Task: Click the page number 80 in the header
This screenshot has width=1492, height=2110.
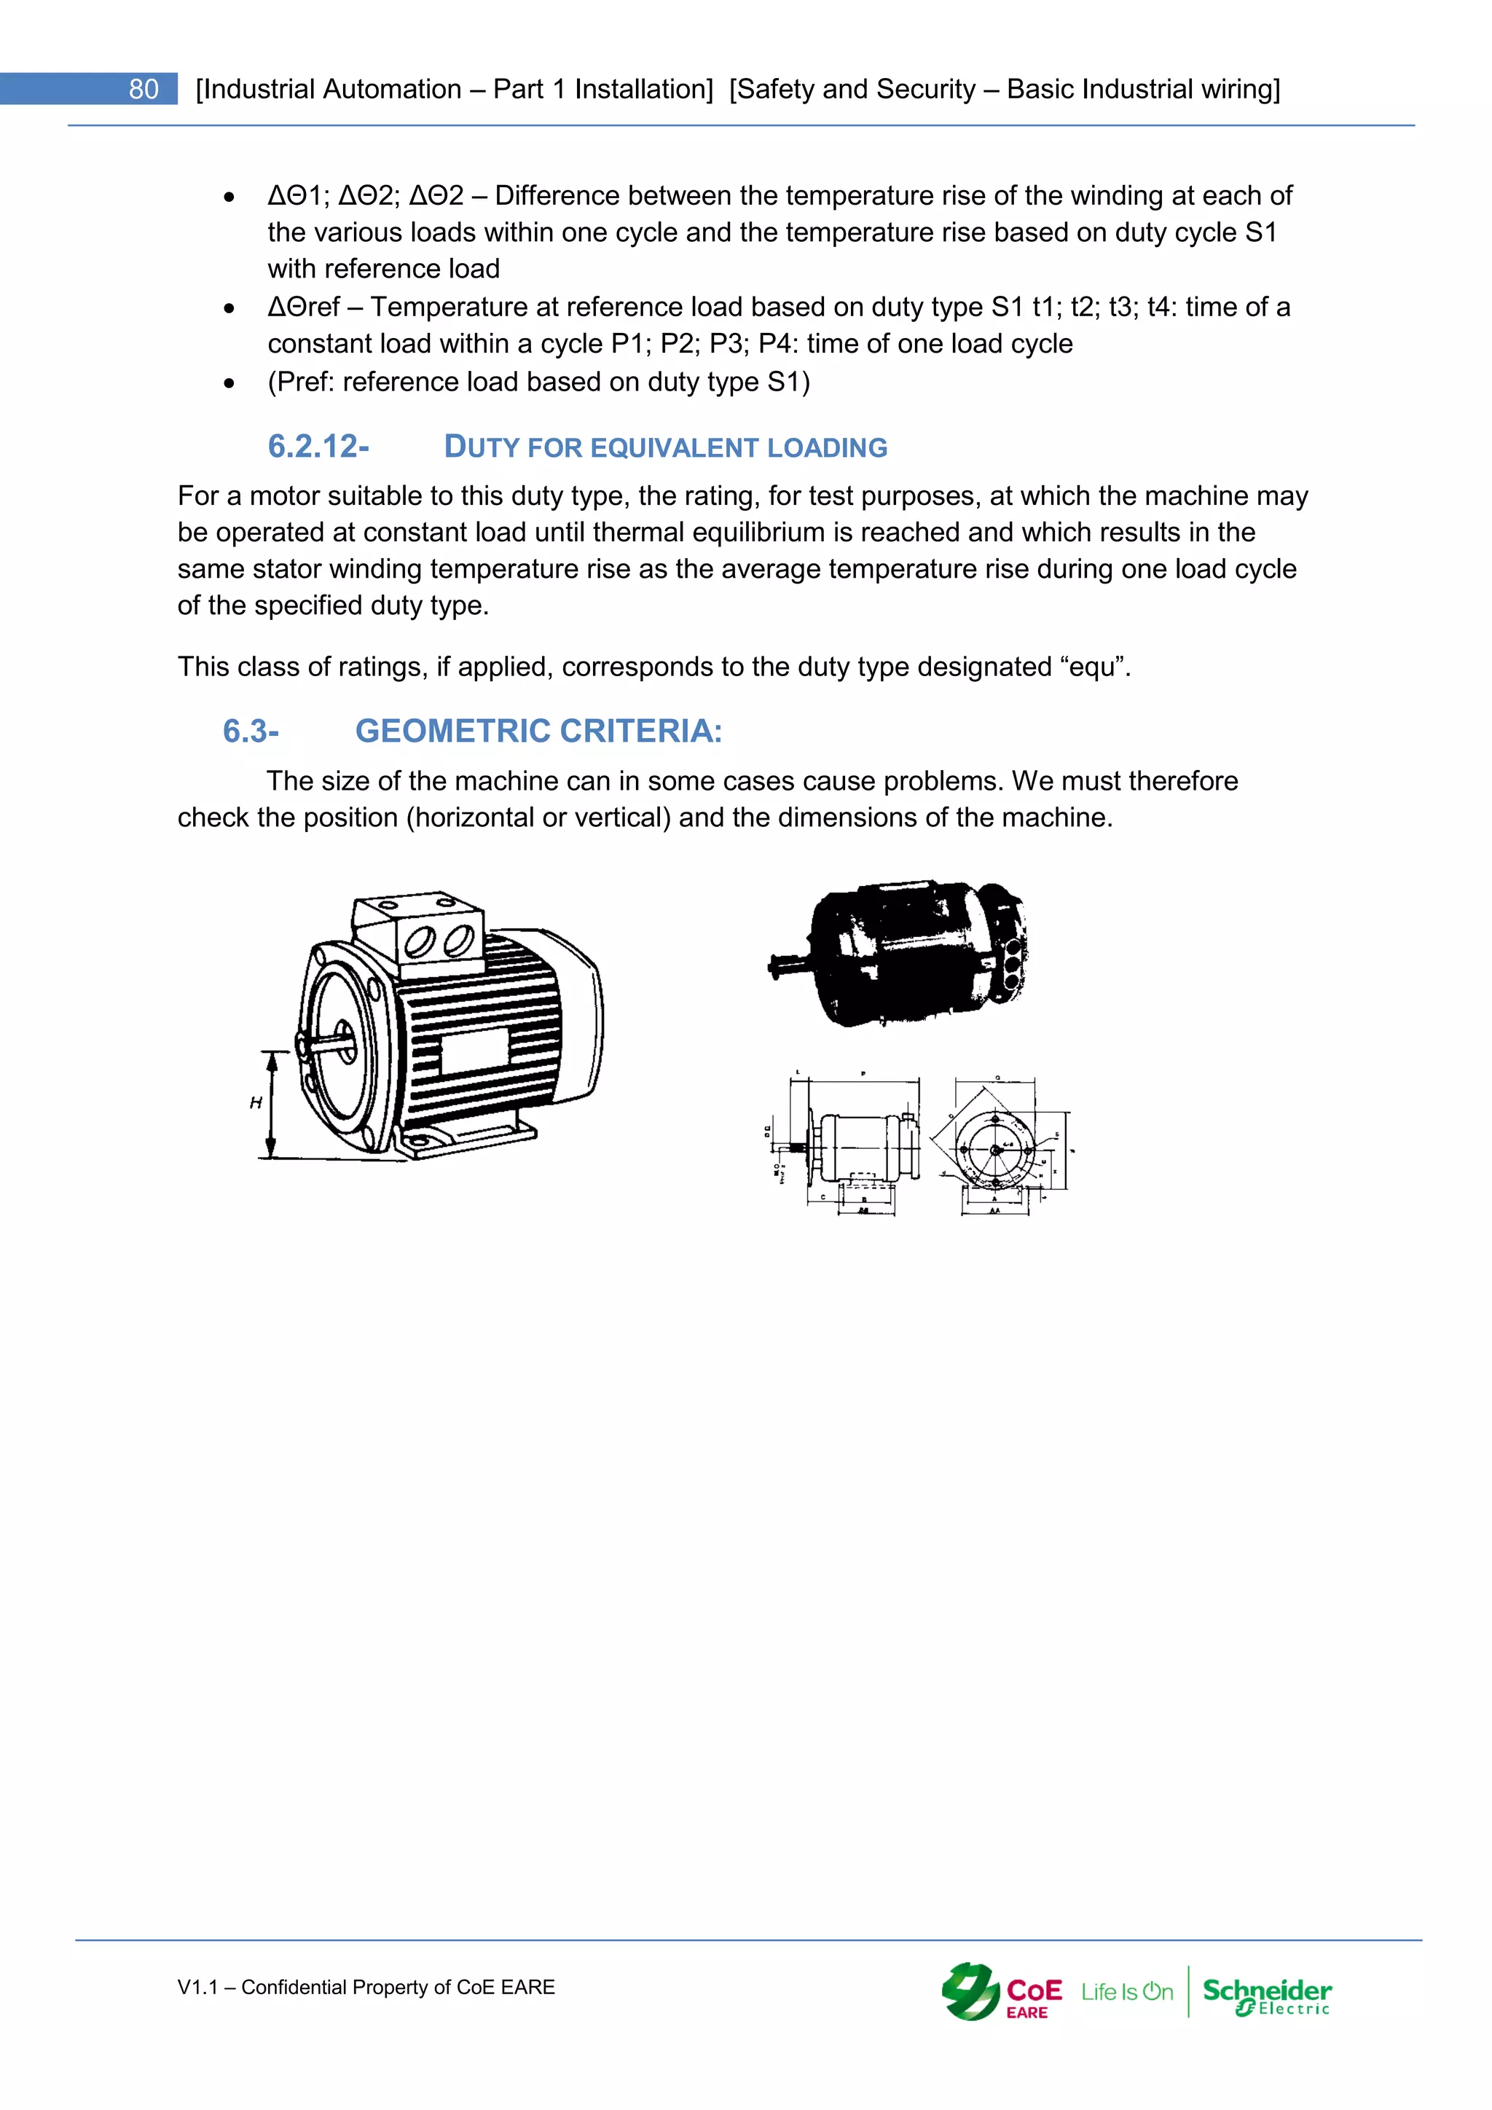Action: pos(144,89)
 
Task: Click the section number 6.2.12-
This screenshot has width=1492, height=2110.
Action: pos(318,447)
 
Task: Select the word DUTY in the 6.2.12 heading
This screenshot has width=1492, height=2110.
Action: pos(482,447)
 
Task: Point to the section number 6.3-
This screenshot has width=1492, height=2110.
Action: pos(251,732)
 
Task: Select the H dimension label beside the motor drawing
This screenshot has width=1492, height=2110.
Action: pos(256,1103)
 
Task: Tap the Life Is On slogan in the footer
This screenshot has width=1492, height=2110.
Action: pos(1126,1993)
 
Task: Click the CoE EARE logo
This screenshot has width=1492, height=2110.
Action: pos(1002,1993)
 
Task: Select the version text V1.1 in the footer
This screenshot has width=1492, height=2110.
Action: pos(197,1988)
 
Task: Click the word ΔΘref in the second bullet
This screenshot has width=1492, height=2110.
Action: pos(303,307)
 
